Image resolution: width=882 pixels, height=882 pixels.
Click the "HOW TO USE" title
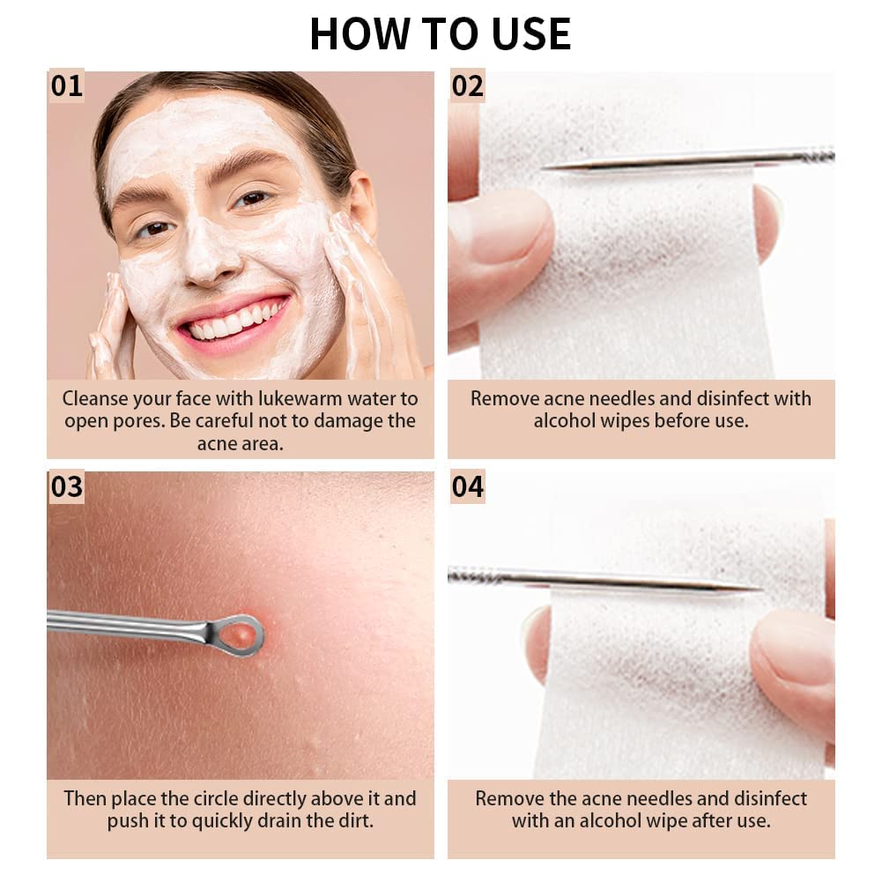(x=440, y=33)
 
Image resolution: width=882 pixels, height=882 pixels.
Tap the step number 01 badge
(x=66, y=86)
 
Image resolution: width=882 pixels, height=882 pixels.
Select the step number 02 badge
(x=467, y=86)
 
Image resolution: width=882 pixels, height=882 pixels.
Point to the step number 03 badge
(x=66, y=486)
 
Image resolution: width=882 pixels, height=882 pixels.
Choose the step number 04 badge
(x=467, y=486)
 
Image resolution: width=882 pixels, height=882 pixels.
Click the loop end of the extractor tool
(x=240, y=634)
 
